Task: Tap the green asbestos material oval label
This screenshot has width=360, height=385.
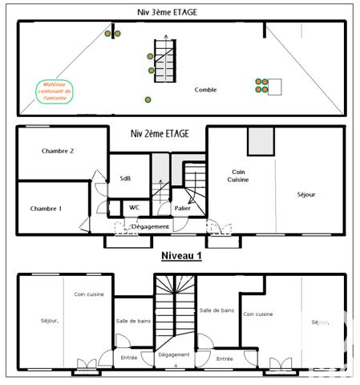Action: (55, 93)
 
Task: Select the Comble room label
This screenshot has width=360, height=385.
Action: (205, 90)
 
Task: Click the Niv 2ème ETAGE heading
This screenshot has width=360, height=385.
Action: (160, 134)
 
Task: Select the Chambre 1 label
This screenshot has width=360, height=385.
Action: (47, 209)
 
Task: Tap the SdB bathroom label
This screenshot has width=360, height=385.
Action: (126, 179)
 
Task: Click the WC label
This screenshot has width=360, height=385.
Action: (134, 208)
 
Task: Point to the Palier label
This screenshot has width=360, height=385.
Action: (182, 209)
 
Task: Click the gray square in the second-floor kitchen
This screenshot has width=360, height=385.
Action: (261, 141)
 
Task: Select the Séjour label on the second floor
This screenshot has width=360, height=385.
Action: (306, 195)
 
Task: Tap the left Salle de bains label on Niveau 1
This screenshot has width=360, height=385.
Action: (132, 321)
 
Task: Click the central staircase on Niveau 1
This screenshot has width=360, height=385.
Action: (174, 309)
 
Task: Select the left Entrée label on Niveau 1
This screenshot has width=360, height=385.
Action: (129, 358)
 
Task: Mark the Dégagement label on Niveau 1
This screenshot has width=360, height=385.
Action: (174, 354)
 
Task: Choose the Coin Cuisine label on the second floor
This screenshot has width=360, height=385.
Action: (238, 176)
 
